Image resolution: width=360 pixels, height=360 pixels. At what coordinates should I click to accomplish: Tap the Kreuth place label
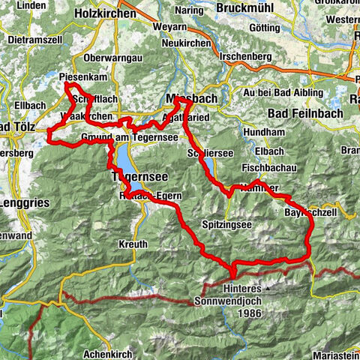coord(133,245)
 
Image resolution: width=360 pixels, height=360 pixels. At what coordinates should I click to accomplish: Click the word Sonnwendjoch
coord(235,300)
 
